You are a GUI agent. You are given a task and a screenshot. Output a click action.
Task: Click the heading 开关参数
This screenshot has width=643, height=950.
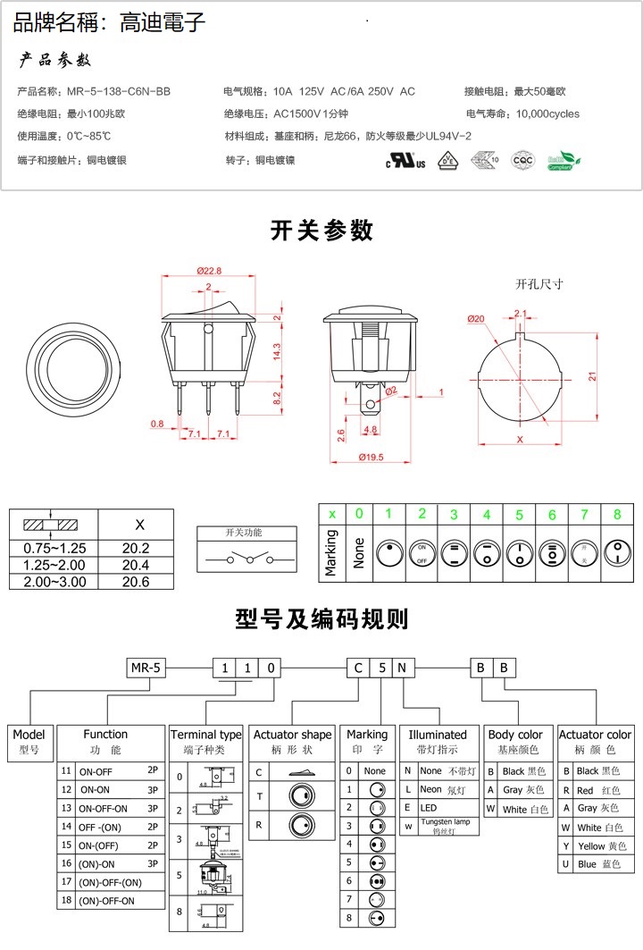[x=321, y=231]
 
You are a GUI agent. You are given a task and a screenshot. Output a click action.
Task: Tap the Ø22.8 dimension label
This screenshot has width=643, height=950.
[x=208, y=271]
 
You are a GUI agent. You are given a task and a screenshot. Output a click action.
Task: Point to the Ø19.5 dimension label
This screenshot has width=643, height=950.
[x=371, y=457]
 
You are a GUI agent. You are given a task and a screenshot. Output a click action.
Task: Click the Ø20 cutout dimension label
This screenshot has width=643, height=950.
[x=476, y=319]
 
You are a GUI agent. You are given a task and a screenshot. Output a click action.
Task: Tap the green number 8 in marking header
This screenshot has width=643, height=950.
[x=617, y=514]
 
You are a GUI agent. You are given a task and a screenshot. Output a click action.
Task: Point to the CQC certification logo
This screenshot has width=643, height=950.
[x=522, y=161]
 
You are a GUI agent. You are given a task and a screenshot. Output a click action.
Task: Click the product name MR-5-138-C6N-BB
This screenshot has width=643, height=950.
[x=119, y=92]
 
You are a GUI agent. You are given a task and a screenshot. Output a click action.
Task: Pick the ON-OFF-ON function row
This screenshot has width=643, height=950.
[x=104, y=808]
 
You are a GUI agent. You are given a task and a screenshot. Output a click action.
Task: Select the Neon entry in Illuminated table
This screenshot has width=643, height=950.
[x=430, y=789]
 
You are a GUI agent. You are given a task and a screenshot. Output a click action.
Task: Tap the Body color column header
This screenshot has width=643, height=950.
[x=515, y=735]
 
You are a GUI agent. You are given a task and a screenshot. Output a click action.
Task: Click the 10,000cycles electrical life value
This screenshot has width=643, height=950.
[x=547, y=114]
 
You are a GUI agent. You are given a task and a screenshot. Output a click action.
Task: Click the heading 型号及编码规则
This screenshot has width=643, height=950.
[x=321, y=618]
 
